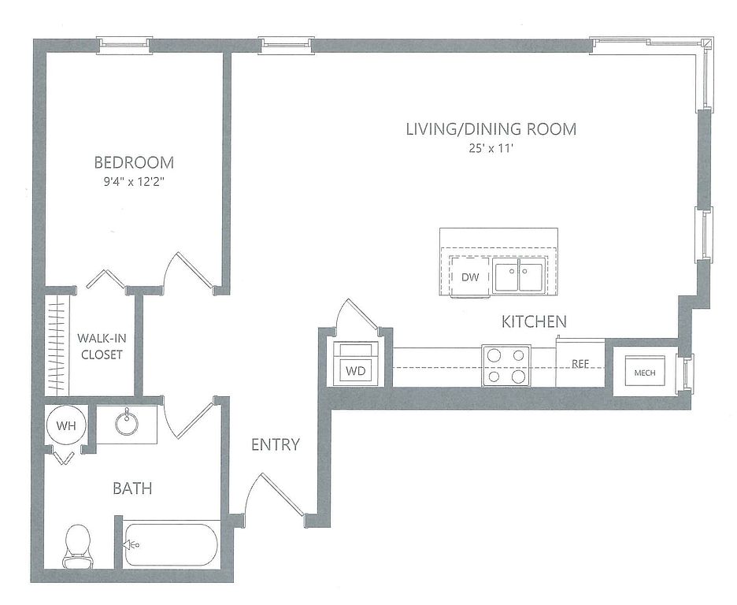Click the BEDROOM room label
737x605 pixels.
coord(134,162)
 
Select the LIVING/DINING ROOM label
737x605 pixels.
coord(491,129)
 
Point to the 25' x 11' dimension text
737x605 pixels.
coord(491,149)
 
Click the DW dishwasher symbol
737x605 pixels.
coord(470,277)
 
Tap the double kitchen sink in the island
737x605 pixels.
coord(520,275)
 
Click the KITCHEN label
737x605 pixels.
coord(534,322)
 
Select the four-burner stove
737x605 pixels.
coord(506,366)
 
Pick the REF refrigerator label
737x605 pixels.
coord(580,364)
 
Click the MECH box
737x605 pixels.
coord(645,371)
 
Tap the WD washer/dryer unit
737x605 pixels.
coord(355,363)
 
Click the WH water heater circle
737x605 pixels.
coord(66,426)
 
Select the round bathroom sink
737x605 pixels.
coord(127,423)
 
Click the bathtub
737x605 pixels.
coord(171,545)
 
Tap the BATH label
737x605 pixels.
coord(132,489)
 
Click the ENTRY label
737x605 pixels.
coord(276,445)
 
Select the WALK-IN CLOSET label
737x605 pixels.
coord(102,347)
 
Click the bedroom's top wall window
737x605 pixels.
coord(125,45)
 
